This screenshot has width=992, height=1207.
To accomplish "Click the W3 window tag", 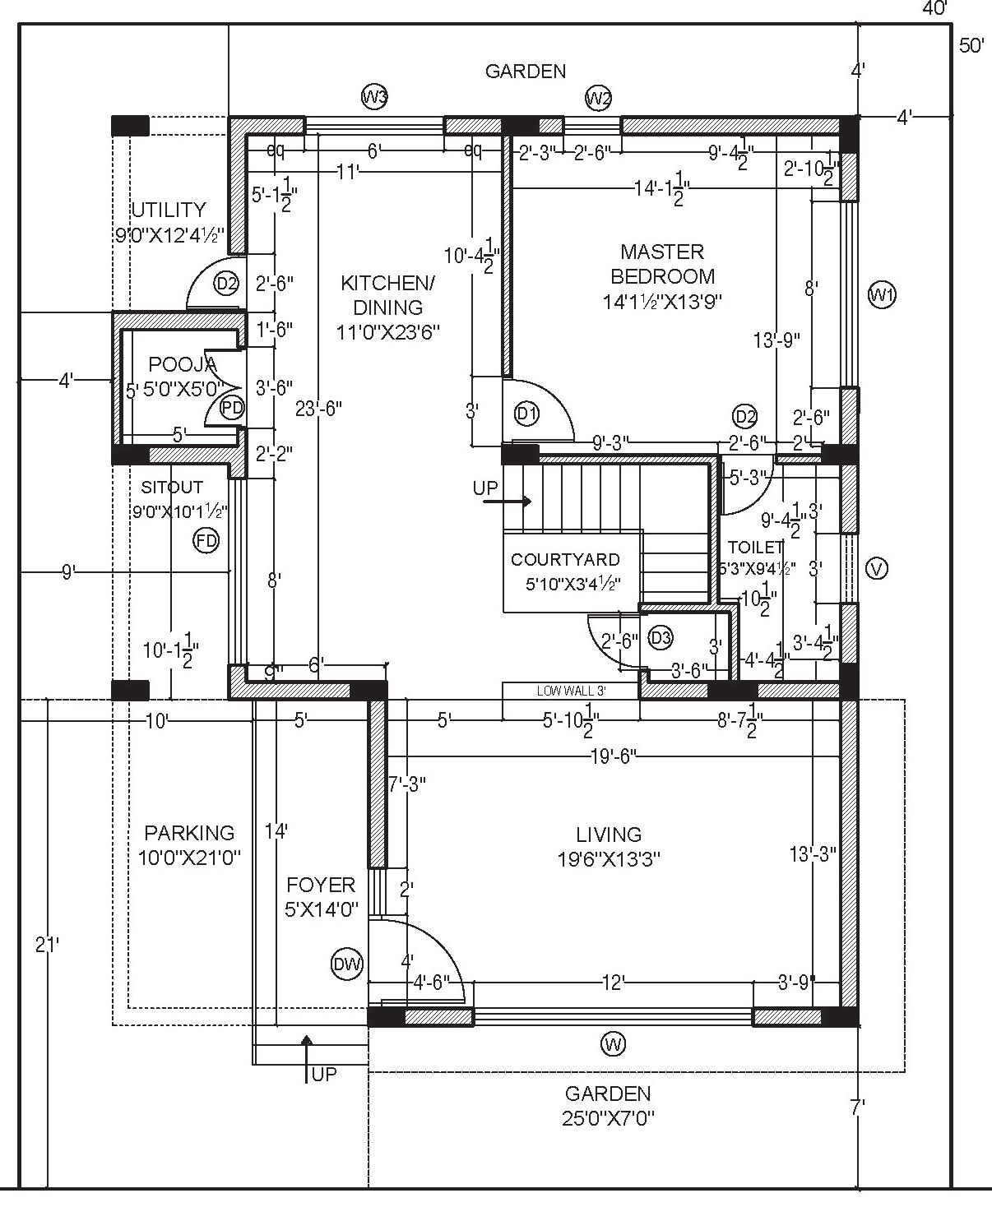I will [374, 97].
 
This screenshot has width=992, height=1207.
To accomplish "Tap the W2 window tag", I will [598, 99].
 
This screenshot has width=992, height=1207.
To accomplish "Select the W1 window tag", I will [882, 294].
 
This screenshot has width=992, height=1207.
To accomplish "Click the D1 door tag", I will [526, 414].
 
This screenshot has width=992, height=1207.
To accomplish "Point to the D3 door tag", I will [661, 637].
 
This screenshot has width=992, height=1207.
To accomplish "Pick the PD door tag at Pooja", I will [233, 407].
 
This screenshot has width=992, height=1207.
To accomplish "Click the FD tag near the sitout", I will [206, 540].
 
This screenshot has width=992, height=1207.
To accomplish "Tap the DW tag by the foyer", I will [347, 964].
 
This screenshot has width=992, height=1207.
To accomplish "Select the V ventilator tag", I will [878, 568].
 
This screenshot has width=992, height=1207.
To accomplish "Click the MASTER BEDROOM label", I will [662, 264].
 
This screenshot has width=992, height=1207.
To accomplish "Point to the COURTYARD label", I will [565, 560].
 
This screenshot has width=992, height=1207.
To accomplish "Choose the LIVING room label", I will [609, 835].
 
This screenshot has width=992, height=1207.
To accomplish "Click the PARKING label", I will [189, 833].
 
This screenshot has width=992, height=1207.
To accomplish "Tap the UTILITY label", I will [169, 210].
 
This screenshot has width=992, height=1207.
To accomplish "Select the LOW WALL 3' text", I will [571, 691].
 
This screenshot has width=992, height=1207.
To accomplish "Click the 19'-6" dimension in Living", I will [613, 756].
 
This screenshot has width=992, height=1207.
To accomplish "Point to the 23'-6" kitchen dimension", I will [318, 408].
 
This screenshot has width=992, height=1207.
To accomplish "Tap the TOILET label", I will [755, 547].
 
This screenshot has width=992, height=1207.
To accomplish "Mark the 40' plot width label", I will [934, 8].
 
